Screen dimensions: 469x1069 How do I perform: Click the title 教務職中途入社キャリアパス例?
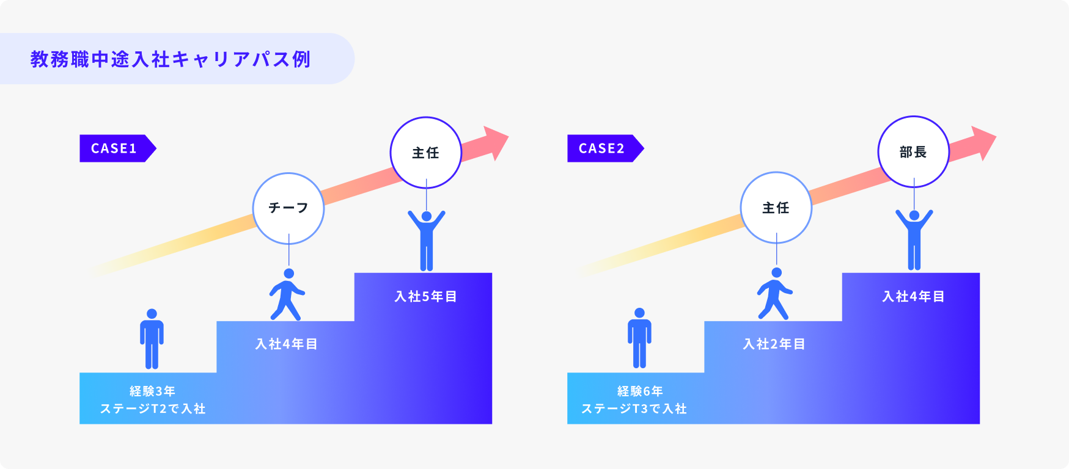pyautogui.click(x=171, y=59)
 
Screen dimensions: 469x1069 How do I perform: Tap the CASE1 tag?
pyautogui.click(x=115, y=148)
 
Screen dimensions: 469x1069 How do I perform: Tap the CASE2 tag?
pyautogui.click(x=603, y=148)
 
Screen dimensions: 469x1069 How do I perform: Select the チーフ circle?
pyautogui.click(x=288, y=208)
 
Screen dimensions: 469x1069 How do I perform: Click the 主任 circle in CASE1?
pyautogui.click(x=425, y=153)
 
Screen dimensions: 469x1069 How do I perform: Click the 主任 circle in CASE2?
pyautogui.click(x=776, y=208)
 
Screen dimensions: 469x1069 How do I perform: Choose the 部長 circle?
pyautogui.click(x=913, y=152)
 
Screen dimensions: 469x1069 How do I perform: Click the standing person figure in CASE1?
pyautogui.click(x=152, y=339)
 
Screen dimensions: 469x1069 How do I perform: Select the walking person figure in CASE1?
pyautogui.click(x=287, y=295)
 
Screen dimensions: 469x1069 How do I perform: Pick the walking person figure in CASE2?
pyautogui.click(x=774, y=294)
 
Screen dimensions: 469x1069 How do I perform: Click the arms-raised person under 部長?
pyautogui.click(x=914, y=240)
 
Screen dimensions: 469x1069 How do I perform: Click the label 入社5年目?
pyautogui.click(x=425, y=297)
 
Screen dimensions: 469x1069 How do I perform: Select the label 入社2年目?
pyautogui.click(x=774, y=344)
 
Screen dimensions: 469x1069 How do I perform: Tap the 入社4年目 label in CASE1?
pyautogui.click(x=286, y=344)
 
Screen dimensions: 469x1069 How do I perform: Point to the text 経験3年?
pyautogui.click(x=152, y=391)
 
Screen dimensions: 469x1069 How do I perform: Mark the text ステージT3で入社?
pyautogui.click(x=634, y=409)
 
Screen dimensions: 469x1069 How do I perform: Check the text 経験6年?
pyautogui.click(x=640, y=391)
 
